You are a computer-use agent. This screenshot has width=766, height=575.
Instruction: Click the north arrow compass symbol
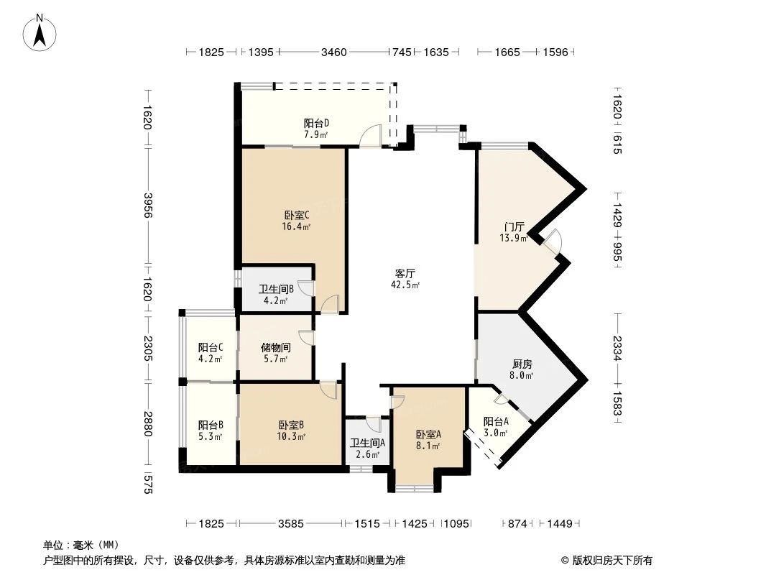click(41, 32)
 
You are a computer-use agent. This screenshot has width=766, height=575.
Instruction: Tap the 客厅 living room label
click(405, 273)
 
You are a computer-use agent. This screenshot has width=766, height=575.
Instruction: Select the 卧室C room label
click(297, 215)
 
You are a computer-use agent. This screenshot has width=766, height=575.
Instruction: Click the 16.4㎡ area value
click(297, 226)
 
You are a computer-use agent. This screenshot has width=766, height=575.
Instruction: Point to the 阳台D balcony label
click(316, 123)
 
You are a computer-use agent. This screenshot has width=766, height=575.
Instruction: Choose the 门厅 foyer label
click(513, 226)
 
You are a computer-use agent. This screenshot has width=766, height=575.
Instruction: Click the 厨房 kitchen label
click(522, 364)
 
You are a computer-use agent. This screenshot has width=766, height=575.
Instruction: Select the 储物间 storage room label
click(274, 348)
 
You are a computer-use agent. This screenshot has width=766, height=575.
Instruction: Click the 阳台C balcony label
click(211, 348)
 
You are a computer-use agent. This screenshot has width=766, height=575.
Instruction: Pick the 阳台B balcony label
click(211, 425)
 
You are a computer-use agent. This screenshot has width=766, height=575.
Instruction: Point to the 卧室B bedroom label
click(292, 425)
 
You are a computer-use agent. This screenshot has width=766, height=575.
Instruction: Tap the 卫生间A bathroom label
click(367, 443)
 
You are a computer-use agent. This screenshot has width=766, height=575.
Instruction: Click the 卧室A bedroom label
click(428, 434)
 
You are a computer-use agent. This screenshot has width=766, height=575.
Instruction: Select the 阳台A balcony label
click(496, 421)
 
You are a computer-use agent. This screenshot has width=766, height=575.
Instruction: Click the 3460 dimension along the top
click(333, 52)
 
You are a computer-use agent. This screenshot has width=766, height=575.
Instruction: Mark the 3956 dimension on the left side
click(148, 206)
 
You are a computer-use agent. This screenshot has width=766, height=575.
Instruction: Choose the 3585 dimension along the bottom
click(291, 524)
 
